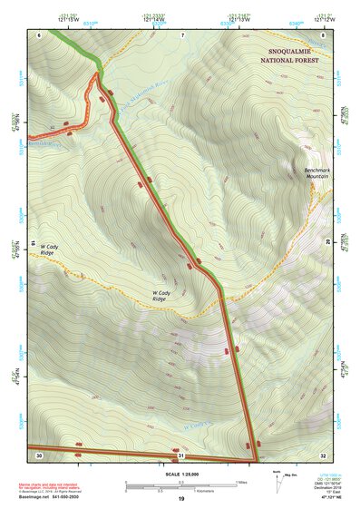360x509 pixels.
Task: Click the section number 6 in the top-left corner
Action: click(x=40, y=34)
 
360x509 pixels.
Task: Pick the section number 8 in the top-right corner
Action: click(x=323, y=34)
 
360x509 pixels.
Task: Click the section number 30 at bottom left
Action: click(x=39, y=455)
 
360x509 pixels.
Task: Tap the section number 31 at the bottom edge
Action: click(x=181, y=455)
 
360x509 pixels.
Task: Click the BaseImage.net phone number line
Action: click(x=50, y=498)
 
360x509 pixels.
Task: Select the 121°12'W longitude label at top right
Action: click(x=325, y=18)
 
